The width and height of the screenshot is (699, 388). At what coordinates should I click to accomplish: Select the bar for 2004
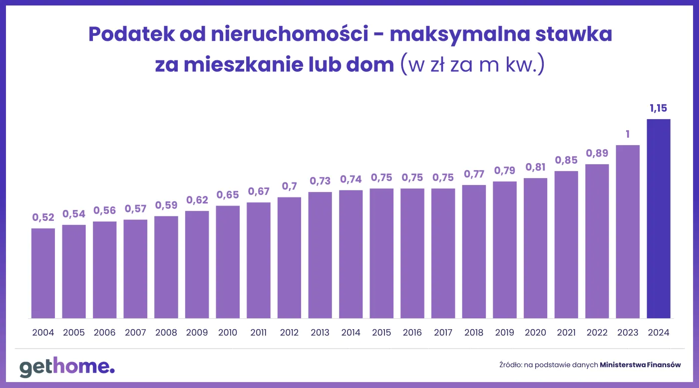pyautogui.click(x=43, y=273)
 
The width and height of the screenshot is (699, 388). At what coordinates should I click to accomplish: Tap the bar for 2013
pyautogui.click(x=320, y=255)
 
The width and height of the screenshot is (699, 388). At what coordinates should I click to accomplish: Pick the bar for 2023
pyautogui.click(x=628, y=231)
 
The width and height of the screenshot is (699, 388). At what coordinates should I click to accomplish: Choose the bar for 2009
pyautogui.click(x=197, y=264)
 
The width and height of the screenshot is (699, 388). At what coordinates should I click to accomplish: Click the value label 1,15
pyautogui.click(x=659, y=108)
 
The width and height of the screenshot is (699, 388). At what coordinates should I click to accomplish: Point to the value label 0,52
pyautogui.click(x=43, y=217)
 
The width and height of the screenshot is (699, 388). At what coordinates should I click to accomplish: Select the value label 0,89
pyautogui.click(x=597, y=153)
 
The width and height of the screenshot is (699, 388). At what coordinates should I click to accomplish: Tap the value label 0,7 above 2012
pyautogui.click(x=289, y=186)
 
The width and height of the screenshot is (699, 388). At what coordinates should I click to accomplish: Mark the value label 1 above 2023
pyautogui.click(x=628, y=134)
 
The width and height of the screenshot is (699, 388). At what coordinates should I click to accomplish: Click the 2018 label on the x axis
pyautogui.click(x=474, y=333)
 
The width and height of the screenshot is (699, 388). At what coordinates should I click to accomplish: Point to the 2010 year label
pyautogui.click(x=228, y=333)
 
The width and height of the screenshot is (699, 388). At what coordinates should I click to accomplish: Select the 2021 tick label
pyautogui.click(x=566, y=333)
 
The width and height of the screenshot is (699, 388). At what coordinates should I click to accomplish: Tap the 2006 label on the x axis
pyautogui.click(x=104, y=333)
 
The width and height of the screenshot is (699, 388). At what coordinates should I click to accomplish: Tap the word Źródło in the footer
pyautogui.click(x=510, y=365)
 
